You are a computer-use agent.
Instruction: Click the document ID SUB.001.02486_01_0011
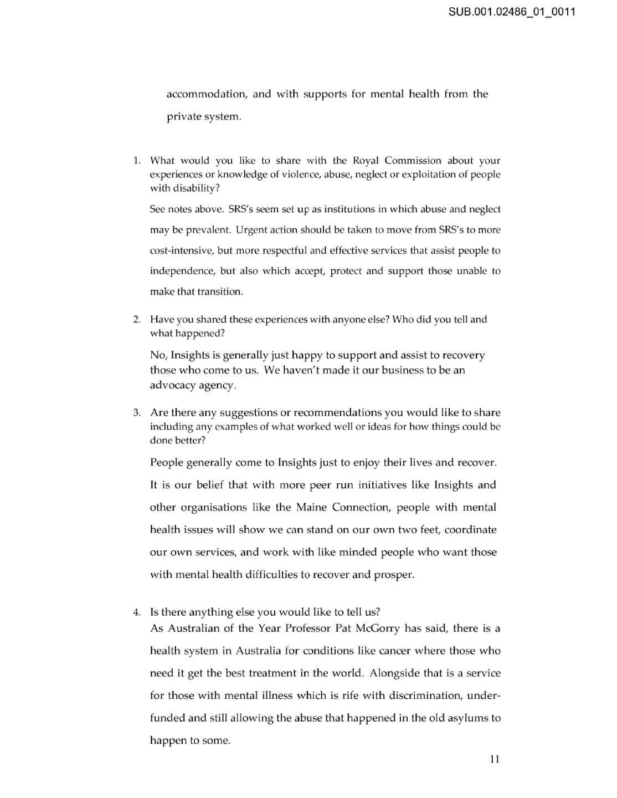click(x=512, y=11)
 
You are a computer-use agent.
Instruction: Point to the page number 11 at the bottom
click(x=495, y=759)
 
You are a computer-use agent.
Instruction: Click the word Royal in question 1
click(x=366, y=161)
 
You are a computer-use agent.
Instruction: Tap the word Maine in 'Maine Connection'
click(x=311, y=508)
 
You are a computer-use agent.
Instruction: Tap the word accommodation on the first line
click(x=206, y=94)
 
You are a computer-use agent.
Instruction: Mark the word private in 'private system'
click(x=184, y=117)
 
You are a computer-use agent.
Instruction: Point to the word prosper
click(x=394, y=575)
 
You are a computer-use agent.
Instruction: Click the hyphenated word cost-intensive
click(x=182, y=250)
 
